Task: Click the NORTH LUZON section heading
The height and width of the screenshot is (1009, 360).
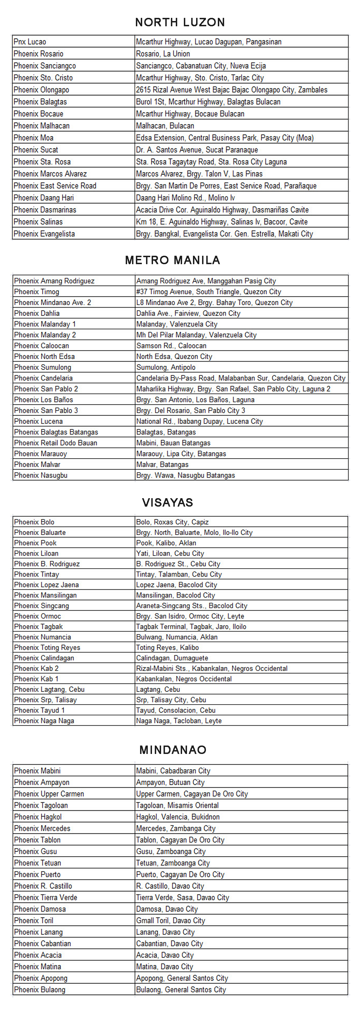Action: coord(180,22)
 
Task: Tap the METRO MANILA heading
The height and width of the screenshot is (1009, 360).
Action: coord(172,260)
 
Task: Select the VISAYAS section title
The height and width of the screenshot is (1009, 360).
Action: coord(167,502)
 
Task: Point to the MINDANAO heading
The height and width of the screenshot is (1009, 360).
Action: coord(173,750)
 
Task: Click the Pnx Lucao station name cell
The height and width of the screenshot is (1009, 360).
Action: coord(30,42)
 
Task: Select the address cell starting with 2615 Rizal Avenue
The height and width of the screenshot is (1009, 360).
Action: coord(231,90)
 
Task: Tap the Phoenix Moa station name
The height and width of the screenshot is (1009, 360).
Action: coord(33,138)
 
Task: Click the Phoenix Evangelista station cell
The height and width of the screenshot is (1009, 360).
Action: coord(44,234)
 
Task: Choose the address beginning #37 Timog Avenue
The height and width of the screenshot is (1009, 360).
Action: coord(208,292)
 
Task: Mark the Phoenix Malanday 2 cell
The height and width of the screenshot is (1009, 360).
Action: coord(45,335)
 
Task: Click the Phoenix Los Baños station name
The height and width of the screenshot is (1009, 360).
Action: coord(43,399)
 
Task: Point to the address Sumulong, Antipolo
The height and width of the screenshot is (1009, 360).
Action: coord(166,368)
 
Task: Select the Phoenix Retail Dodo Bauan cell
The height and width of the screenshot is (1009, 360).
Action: coord(55,443)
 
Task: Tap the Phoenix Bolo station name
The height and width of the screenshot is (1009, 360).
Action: coord(34,522)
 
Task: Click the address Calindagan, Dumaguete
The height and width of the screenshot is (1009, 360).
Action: coord(172,658)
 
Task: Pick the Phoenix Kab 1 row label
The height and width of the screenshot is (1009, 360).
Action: coord(36,679)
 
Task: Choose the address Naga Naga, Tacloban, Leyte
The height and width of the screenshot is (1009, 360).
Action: coord(179,721)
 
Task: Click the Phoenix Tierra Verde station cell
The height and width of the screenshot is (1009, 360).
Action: coord(46,897)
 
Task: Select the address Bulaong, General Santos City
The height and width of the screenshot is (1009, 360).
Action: coord(181,989)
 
